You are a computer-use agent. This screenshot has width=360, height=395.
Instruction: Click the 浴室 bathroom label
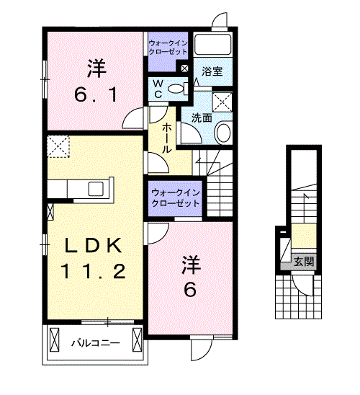pyautogui.click(x=212, y=71)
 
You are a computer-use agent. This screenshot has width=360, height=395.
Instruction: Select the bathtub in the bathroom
pyautogui.click(x=213, y=45)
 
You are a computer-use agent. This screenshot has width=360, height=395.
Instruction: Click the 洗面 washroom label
pyautogui.click(x=202, y=117)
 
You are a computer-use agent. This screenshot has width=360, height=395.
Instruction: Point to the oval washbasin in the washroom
pyautogui.click(x=223, y=132)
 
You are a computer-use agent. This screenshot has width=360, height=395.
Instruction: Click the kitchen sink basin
pyautogui.click(x=96, y=189)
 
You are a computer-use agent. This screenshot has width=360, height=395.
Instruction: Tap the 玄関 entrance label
pyautogui.click(x=305, y=262)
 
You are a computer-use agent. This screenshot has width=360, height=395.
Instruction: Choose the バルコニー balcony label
pyautogui.click(x=96, y=343)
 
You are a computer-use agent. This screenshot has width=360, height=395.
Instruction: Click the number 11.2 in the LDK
pyautogui.click(x=92, y=271)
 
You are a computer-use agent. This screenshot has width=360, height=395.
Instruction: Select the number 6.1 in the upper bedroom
pyautogui.click(x=96, y=94)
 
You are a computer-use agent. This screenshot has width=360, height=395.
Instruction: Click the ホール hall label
pyautogui.click(x=166, y=139)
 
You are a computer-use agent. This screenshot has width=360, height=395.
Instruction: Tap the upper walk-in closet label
pyautogui.click(x=168, y=48)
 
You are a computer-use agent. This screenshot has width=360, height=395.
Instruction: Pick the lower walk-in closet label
pyautogui.click(x=176, y=198)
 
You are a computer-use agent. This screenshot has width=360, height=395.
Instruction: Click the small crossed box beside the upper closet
pyautogui.click(x=184, y=68)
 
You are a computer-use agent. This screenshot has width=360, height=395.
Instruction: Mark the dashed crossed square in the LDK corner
pyautogui.click(x=58, y=146)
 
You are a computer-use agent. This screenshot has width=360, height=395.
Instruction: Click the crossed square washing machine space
pyautogui.click(x=222, y=102)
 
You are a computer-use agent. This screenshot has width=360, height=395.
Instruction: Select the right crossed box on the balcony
pyautogui.click(x=138, y=339)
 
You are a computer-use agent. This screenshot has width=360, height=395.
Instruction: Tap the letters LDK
pyautogui.click(x=93, y=245)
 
